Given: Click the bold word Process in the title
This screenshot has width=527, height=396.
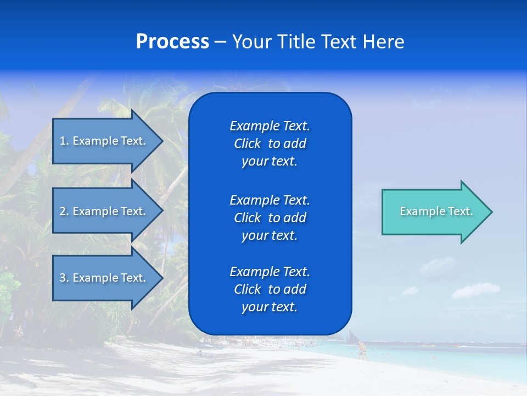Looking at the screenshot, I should (172, 41).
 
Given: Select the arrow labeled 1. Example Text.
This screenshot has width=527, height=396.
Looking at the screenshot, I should (104, 141).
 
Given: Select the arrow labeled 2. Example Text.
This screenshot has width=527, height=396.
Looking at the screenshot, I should (104, 211).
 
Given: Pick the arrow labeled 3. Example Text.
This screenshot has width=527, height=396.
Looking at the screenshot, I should (104, 278).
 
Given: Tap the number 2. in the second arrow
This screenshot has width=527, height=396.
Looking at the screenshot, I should (64, 211).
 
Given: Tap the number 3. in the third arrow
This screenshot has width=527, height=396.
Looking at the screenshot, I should (64, 278).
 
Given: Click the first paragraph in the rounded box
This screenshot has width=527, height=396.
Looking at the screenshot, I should (270, 144).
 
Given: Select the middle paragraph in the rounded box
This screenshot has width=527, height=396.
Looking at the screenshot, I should (270, 218).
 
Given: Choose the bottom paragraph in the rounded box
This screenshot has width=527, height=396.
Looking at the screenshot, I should (270, 289).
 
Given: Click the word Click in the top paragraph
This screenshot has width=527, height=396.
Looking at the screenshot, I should (248, 144).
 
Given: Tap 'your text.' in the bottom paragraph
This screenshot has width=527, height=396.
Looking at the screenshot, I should (270, 307).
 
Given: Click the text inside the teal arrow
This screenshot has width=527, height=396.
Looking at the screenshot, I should (436, 211).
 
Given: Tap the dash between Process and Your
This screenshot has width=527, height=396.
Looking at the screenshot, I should (220, 42).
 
